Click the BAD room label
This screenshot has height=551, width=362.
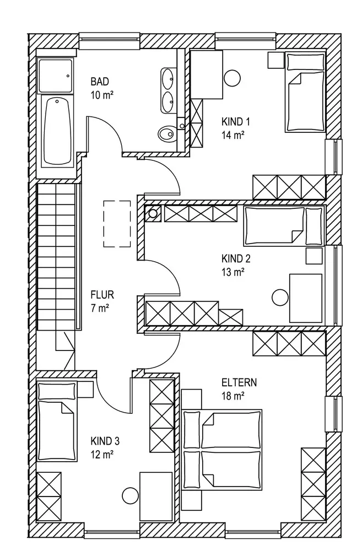[x=100, y=82]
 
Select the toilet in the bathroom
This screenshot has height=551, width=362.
[x=166, y=133]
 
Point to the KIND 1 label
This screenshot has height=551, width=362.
[x=233, y=122]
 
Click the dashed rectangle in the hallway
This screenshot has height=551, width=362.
[x=116, y=224]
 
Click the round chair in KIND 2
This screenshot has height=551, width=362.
[x=280, y=296]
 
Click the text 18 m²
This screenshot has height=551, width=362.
[x=233, y=395]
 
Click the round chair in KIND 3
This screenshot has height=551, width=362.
[x=129, y=495]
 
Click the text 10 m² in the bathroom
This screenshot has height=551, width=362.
[x=102, y=95]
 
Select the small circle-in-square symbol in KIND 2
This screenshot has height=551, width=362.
[x=153, y=213]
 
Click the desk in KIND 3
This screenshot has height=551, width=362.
[x=156, y=495]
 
